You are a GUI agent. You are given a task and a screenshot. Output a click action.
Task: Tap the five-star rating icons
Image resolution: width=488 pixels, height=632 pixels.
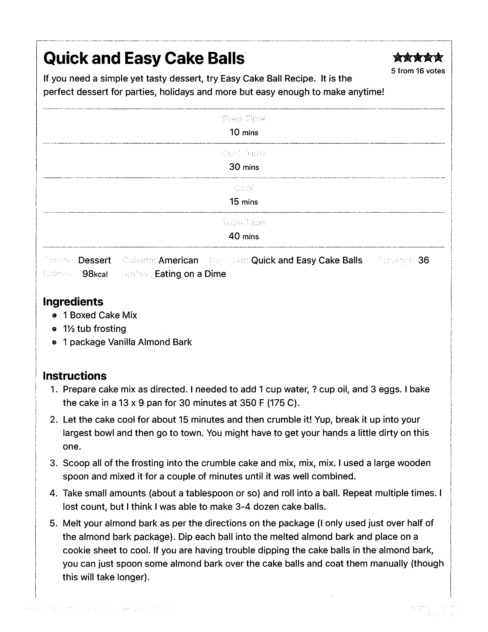pos(418,58)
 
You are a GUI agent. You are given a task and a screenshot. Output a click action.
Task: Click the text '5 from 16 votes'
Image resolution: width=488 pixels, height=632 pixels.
pos(418,71)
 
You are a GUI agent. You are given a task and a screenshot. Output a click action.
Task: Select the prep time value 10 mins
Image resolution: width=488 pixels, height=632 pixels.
pos(244,133)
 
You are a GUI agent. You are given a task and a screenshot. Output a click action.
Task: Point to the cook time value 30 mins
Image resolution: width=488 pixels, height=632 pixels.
pos(244,167)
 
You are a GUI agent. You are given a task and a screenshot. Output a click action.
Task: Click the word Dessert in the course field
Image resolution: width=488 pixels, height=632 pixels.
pos(94,260)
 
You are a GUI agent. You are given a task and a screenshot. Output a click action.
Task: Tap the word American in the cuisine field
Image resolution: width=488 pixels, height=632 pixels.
pos(178,260)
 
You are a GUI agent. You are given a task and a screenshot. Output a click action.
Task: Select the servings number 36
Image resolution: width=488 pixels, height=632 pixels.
pos(423,260)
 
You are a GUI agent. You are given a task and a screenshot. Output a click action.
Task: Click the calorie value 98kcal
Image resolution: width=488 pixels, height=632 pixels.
pos(95,274)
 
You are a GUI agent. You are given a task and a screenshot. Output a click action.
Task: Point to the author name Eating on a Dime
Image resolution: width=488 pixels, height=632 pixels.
pos(190,274)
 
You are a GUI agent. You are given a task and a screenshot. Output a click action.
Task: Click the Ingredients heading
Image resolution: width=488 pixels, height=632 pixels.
pos(73,302)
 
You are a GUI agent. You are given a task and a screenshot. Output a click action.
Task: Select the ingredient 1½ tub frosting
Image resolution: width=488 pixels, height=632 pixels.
pos(94,329)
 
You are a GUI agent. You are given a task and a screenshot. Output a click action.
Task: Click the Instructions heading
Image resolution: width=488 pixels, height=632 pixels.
pos(75,376)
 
